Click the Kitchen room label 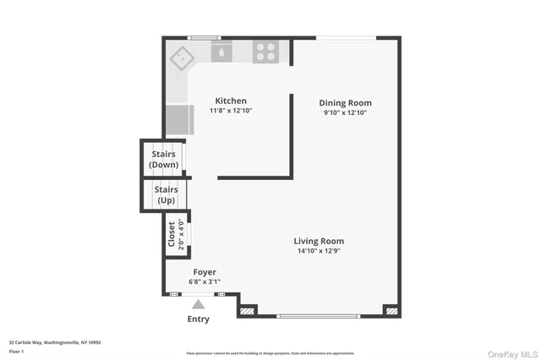231,101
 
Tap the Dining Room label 347,103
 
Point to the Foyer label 205,272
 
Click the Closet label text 172,232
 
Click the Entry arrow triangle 198,304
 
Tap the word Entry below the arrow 198,319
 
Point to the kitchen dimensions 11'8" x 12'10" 231,111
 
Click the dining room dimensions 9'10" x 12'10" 347,113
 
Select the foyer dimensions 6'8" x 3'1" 205,281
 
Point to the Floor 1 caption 17,351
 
